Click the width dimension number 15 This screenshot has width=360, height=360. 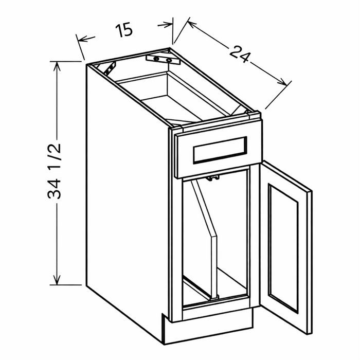(124, 30)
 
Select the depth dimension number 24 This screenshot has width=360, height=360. (240, 55)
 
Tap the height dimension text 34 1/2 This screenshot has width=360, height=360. (55, 171)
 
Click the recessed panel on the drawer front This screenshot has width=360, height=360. (220, 150)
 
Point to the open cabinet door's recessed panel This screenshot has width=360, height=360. (283, 248)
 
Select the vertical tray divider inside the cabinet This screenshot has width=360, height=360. (204, 239)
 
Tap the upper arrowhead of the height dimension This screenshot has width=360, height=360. (56, 66)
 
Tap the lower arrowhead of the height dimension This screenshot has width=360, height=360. (57, 281)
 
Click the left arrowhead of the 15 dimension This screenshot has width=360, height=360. (83, 39)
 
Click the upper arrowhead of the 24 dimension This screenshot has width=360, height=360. (192, 24)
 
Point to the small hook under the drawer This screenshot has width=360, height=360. (212, 178)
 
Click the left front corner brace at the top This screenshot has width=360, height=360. (110, 69)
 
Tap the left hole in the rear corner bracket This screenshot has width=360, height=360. (157, 59)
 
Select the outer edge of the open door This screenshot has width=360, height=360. (309, 262)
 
